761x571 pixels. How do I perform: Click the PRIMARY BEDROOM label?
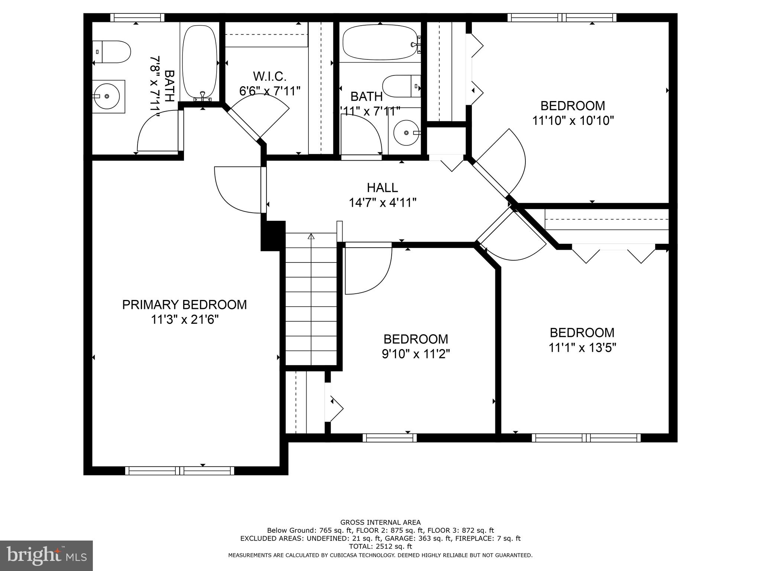coord(184,304)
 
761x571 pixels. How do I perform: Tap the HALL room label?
coord(382,187)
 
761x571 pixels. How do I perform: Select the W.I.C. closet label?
coord(269,76)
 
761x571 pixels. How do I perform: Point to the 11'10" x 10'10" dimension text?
coord(573,121)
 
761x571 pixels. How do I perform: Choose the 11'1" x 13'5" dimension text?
coord(582,348)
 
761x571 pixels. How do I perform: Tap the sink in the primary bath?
coord(107,96)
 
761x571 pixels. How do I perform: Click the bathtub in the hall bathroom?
coord(380,42)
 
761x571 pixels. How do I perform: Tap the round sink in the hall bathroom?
coord(406,133)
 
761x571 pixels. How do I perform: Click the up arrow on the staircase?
coord(311,236)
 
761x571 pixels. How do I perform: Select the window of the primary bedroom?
coord(180,471)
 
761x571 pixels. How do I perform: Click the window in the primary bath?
coord(137,18)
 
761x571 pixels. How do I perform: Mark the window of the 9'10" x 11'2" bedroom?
coord(389,438)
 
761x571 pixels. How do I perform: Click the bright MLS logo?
coord(46,555)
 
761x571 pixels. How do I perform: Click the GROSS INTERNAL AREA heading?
coord(380,522)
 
